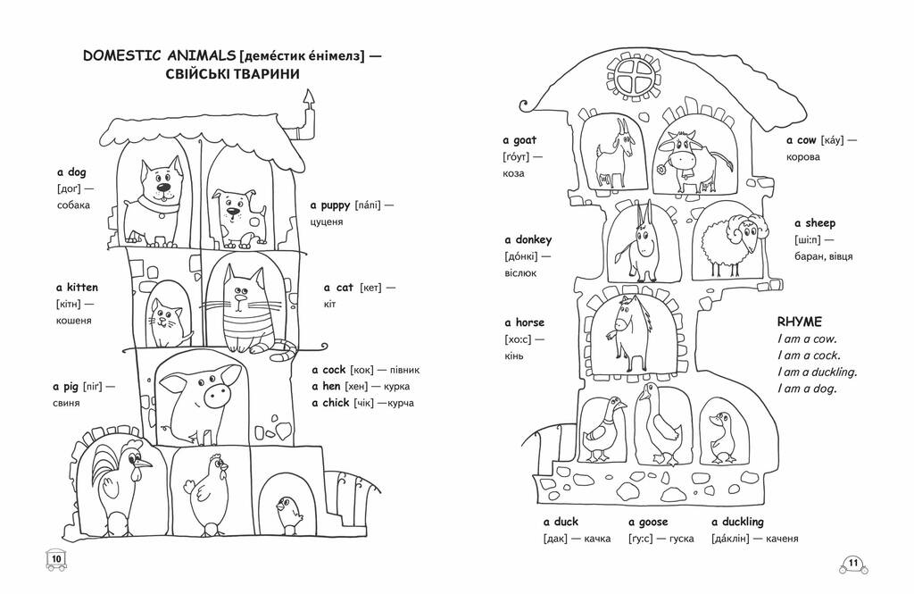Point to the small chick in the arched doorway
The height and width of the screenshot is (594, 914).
pos(288,514)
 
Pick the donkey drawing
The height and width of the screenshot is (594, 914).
pos(639,242)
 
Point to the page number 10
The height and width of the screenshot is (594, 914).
pos(56,559)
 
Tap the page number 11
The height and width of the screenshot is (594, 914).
pos(852,564)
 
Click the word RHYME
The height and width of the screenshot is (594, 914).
pos(799,322)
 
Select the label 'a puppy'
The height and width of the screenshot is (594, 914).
pos(330,205)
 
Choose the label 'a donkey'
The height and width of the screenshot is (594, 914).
pos(528,239)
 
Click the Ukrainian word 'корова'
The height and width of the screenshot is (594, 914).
pos(802,157)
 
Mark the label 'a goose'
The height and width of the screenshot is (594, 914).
pos(648,523)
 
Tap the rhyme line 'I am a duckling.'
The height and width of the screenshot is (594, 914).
pos(817,372)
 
